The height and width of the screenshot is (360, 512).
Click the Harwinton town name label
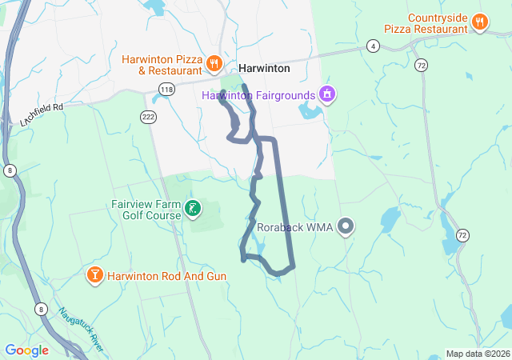pyautogui.click(x=264, y=69)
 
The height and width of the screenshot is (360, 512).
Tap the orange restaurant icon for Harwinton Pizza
pyautogui.click(x=214, y=63)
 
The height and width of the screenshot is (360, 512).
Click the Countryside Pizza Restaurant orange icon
pyautogui.click(x=480, y=22)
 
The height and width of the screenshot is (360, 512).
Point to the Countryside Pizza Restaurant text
pyautogui.click(x=426, y=22)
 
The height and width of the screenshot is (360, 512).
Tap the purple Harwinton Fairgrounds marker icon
pyautogui.click(x=326, y=95)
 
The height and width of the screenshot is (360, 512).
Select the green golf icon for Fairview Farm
pyautogui.click(x=193, y=210)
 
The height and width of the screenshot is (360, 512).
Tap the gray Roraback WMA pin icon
pyautogui.click(x=346, y=227)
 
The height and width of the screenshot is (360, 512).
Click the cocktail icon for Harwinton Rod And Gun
pyautogui.click(x=94, y=276)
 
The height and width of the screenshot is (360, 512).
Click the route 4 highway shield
pyautogui.click(x=374, y=46)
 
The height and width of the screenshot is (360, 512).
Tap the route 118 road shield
pyautogui.click(x=166, y=88)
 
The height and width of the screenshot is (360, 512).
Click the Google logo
pyautogui.click(x=26, y=350)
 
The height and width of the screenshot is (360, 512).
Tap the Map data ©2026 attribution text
pyautogui.click(x=478, y=354)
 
